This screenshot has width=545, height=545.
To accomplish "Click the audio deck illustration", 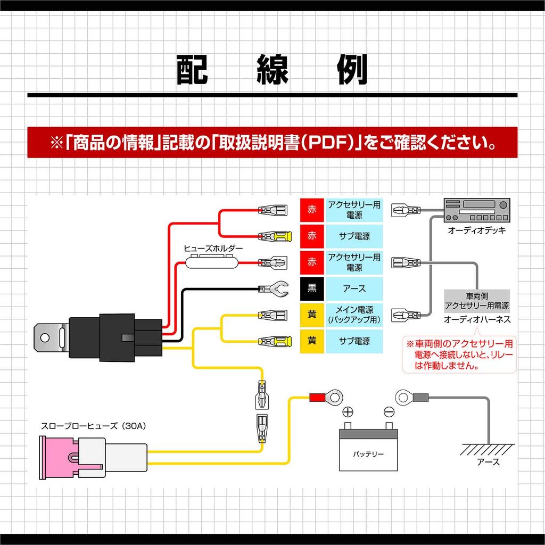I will click(477, 211).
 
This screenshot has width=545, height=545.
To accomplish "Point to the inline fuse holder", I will click(211, 263).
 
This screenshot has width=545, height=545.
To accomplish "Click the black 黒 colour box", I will click(312, 289).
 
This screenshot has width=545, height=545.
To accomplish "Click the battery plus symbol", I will click(347, 411).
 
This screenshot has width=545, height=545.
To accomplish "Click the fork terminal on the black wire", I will click(275, 289).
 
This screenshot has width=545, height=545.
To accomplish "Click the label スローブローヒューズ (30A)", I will click(93, 426).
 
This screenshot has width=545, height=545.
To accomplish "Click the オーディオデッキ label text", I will click(477, 230).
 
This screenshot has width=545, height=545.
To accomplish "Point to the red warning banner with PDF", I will click(272, 143).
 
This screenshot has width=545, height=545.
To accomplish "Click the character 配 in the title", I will click(192, 70).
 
